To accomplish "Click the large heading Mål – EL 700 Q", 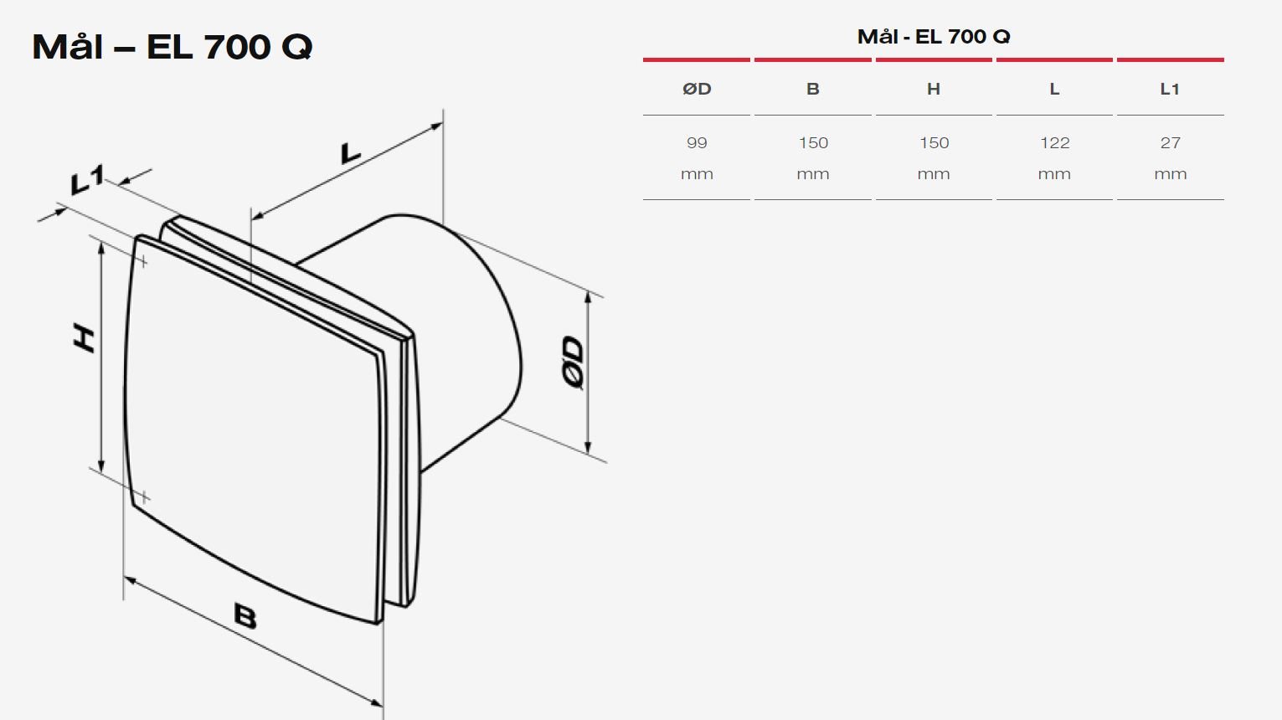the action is point(172,46).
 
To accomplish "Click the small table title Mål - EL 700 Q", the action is point(934,37).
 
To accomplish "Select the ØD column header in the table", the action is point(697,89).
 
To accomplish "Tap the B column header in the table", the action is point(813,89).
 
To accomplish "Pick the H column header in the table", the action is point(934,89).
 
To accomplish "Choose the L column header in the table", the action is point(1054,89).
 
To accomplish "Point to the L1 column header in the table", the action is point(1170,89).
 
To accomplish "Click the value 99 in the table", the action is point(697,142).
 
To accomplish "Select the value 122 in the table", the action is point(1055,142).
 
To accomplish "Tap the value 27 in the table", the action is point(1171,142).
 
